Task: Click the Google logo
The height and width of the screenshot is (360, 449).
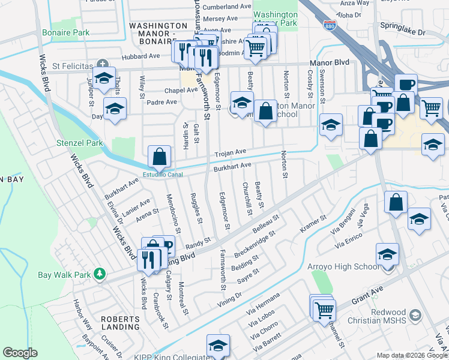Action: tap(20, 353)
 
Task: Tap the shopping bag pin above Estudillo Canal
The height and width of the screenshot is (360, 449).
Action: tap(159, 157)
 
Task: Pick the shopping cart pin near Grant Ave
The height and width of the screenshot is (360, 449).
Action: tap(324, 310)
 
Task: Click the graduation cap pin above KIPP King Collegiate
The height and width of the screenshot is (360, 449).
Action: tap(218, 346)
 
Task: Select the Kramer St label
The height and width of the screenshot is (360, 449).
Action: tap(313, 226)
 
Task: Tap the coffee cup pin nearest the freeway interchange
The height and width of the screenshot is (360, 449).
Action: tap(405, 84)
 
